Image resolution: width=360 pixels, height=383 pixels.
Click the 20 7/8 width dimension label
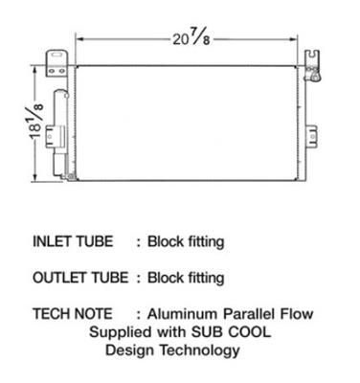click(x=191, y=38)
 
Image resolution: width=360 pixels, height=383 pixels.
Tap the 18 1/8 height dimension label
click(x=36, y=122)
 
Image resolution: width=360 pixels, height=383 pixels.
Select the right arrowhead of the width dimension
click(x=293, y=39)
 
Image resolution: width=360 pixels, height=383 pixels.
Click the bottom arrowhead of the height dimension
click(x=34, y=178)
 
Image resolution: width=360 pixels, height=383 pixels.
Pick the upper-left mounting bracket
click(x=57, y=63)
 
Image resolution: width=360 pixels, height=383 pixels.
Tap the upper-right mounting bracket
click(x=311, y=65)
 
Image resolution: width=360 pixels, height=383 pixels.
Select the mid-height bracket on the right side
click(x=312, y=137)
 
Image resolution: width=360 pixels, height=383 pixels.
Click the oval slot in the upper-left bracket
click(x=57, y=55)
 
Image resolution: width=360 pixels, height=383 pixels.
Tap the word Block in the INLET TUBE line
click(x=165, y=241)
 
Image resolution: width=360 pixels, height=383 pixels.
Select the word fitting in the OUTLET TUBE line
click(x=206, y=278)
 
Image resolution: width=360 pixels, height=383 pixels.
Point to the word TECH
click(x=51, y=314)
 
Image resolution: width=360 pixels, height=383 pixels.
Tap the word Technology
click(x=200, y=350)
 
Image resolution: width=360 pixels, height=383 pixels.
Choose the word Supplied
click(x=121, y=332)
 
